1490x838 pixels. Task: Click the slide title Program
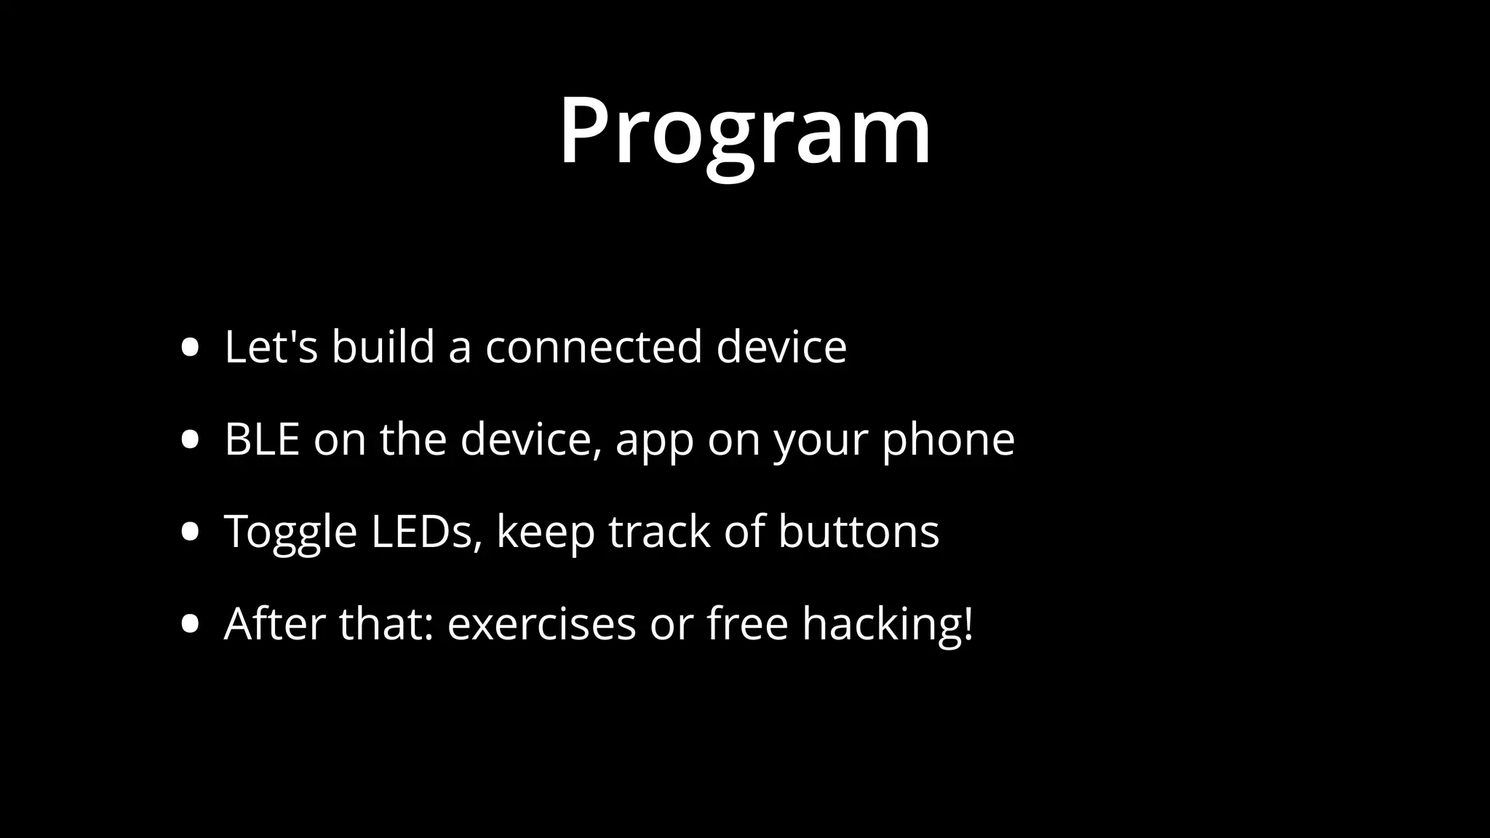point(744,132)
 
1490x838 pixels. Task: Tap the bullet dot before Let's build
point(191,348)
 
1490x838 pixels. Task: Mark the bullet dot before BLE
point(191,440)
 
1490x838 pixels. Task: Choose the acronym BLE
point(262,439)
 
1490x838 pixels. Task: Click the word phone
point(948,441)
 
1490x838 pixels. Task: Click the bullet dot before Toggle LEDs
point(191,532)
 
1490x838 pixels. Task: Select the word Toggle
point(290,532)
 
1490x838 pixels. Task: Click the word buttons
point(858,532)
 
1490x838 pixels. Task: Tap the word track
point(659,532)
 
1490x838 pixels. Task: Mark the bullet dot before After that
point(191,625)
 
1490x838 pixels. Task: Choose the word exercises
point(541,625)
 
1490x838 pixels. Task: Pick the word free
point(747,623)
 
